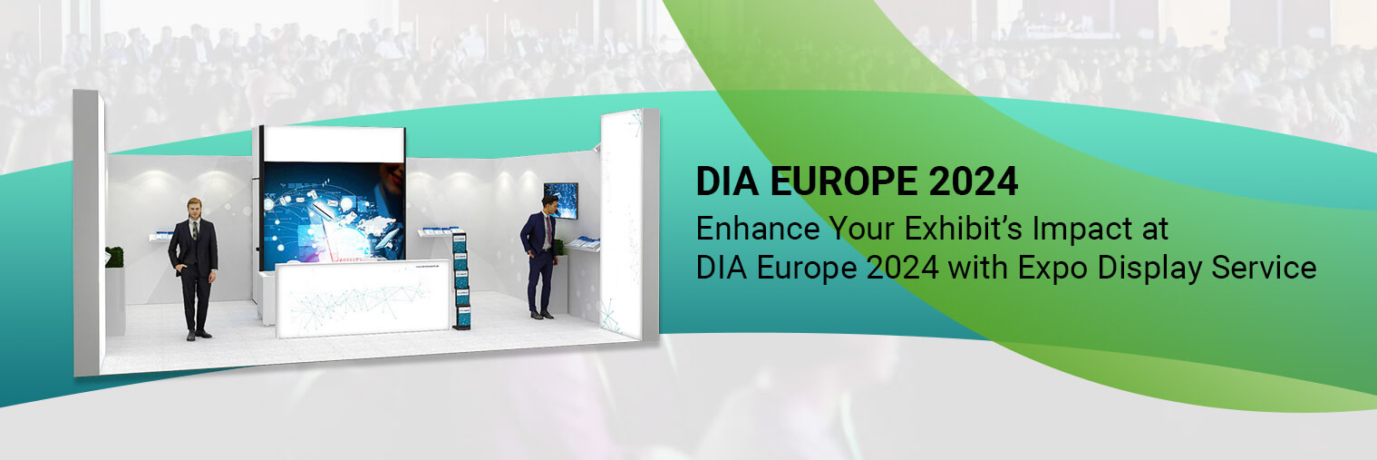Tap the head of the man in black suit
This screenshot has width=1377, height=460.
click(194, 207)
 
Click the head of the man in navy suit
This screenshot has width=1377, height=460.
click(548, 202)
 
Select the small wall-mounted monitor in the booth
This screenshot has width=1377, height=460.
click(560, 201)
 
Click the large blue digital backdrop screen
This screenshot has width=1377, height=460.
click(332, 213)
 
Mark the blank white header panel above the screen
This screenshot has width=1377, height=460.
click(334, 144)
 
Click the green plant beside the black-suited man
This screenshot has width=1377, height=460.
click(114, 257)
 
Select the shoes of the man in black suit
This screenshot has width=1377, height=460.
click(199, 335)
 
